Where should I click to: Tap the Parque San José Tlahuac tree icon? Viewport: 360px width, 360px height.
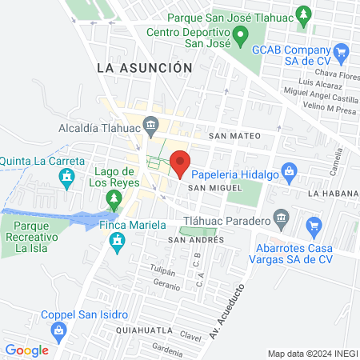coord(302,14)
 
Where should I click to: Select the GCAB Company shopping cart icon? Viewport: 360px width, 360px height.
coord(342,52)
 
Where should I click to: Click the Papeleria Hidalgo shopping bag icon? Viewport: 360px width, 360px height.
coord(290,170)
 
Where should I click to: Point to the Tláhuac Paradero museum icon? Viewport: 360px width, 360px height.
coord(280,217)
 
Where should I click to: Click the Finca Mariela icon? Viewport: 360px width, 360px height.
coord(118,240)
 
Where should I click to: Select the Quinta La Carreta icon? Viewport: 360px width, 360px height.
coord(68,175)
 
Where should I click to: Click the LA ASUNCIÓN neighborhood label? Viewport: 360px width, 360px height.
coord(145,69)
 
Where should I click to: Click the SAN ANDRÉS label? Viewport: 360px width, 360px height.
coord(191,240)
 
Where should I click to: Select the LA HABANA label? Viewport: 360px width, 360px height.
coord(329,194)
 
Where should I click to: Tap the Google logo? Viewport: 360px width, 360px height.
coord(26,350)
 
